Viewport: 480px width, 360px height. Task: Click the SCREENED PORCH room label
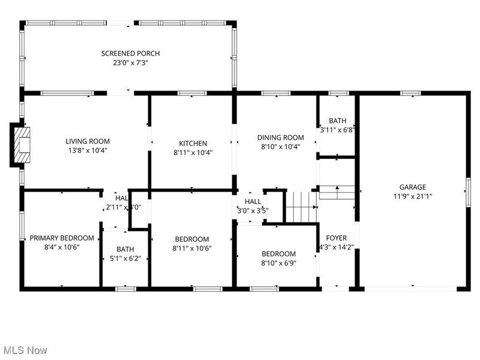click(130, 53)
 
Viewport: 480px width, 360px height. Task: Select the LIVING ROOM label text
click(88, 142)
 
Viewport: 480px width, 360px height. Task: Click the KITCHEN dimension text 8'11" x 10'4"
click(193, 152)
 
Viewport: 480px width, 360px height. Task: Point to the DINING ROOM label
click(277, 137)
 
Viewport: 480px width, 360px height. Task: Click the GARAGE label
click(413, 187)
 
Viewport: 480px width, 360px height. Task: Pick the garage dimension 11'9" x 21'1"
click(413, 196)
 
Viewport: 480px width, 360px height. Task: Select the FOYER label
click(336, 238)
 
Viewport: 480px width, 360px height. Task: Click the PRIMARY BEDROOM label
click(62, 238)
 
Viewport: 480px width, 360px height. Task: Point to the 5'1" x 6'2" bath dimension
click(125, 259)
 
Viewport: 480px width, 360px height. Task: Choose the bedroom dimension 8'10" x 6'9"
click(278, 263)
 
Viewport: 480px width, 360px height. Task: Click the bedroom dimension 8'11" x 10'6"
click(192, 248)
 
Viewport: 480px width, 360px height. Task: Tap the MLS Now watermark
click(25, 350)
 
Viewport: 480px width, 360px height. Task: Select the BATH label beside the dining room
click(337, 121)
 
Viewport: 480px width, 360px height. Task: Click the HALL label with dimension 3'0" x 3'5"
click(253, 202)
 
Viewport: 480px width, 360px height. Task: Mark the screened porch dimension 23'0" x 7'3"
click(130, 62)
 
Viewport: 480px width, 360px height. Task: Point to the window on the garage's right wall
click(467, 192)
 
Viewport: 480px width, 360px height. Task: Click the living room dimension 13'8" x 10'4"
click(88, 151)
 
